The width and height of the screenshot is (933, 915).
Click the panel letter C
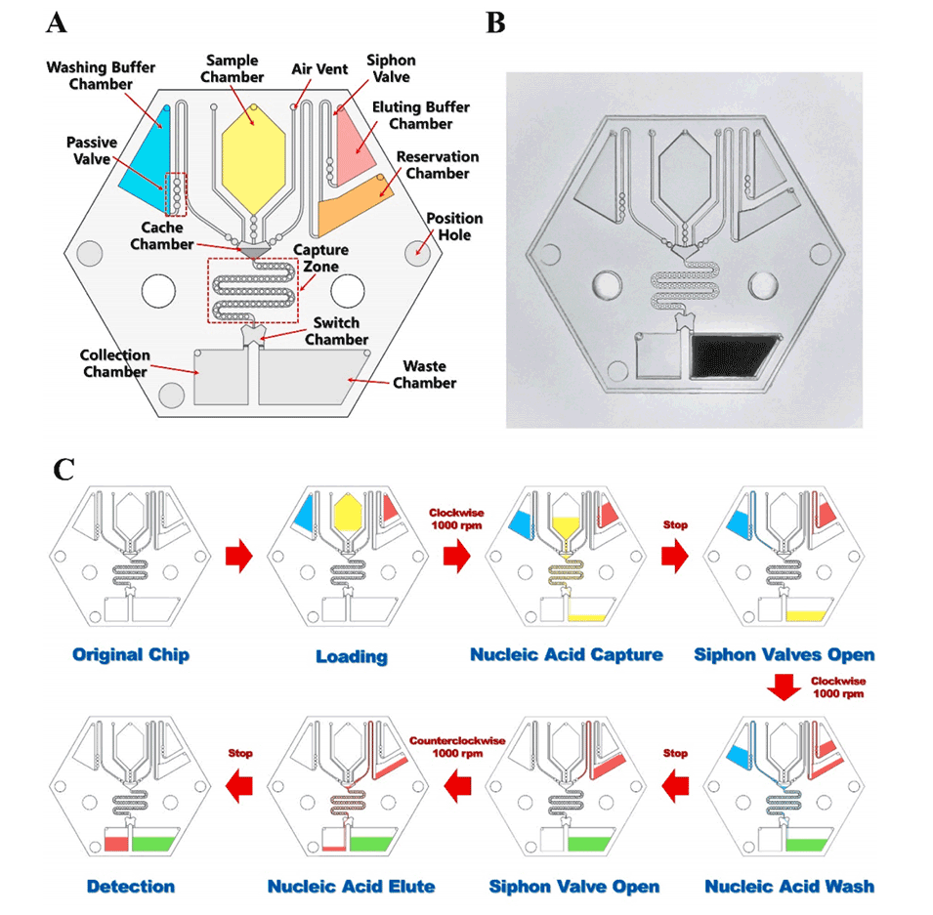(63, 472)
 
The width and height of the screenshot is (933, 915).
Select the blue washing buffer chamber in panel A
(148, 156)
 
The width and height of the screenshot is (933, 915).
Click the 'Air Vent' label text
(316, 69)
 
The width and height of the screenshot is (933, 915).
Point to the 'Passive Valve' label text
(93, 152)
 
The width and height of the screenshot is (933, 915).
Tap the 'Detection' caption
(131, 887)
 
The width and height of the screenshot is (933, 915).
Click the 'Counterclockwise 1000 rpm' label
(458, 748)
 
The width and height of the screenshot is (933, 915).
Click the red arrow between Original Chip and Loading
(237, 555)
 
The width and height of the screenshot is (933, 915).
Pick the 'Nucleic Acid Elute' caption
(351, 887)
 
